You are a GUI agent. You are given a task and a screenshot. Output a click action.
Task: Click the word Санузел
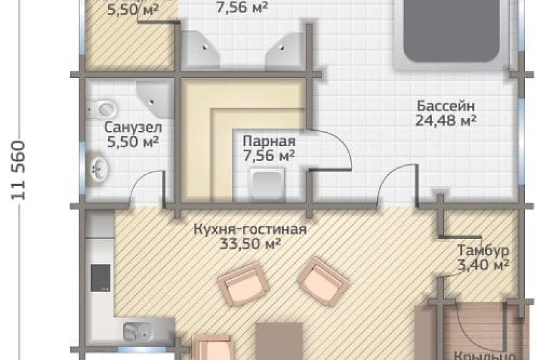(133, 127)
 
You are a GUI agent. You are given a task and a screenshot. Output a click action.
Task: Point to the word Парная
(268, 141)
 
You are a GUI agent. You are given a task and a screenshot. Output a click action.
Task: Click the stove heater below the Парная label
(268, 183)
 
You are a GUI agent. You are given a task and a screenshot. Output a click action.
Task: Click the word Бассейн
(444, 105)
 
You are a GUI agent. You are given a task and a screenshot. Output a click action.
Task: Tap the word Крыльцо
(480, 355)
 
